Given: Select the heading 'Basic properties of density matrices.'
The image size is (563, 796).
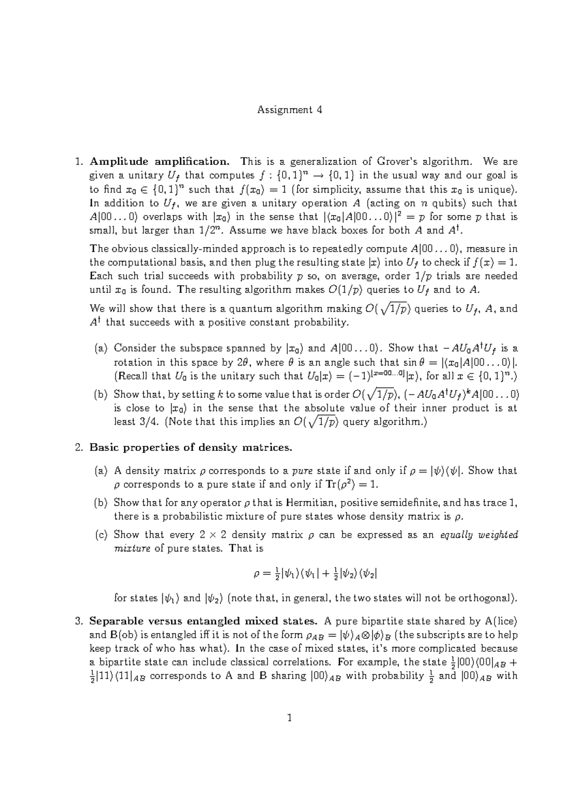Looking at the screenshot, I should point(190,447).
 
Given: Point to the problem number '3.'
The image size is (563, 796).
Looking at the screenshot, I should point(79,622).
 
